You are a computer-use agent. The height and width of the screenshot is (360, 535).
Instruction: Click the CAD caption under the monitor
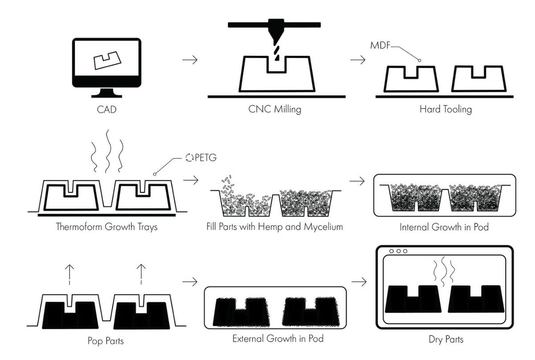[x=107, y=109]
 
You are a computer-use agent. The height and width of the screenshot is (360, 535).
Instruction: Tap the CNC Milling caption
[x=275, y=109]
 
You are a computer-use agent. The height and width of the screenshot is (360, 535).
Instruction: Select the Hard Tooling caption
[x=445, y=109]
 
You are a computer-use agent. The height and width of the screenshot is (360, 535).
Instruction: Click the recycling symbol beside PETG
[x=190, y=157]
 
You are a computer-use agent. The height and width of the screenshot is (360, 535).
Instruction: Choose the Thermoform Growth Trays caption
[x=107, y=227]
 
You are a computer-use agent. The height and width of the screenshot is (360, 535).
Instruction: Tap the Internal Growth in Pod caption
[x=444, y=227]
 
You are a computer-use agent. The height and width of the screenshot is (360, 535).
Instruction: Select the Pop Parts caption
[x=106, y=341]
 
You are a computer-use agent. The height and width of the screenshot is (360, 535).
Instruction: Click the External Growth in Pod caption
[x=278, y=338]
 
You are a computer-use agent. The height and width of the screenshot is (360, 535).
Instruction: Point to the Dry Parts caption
[x=446, y=340]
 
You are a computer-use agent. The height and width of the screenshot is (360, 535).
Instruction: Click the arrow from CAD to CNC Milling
[x=190, y=60]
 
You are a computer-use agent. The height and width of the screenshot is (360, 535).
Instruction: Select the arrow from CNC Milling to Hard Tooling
[x=358, y=60]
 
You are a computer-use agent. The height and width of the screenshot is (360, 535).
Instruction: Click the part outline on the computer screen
[x=107, y=60]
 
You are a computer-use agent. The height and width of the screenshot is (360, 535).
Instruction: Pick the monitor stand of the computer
[x=107, y=93]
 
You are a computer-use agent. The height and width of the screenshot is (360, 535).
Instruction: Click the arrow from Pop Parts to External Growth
[x=190, y=282]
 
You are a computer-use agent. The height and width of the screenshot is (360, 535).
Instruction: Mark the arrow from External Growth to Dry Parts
[x=359, y=282]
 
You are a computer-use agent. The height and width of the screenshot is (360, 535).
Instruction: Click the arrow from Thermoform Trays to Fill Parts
[x=191, y=180]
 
